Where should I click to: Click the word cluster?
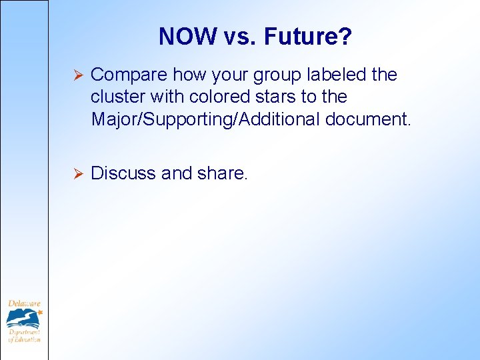pyautogui.click(x=118, y=97)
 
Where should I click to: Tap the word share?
pyautogui.click(x=223, y=173)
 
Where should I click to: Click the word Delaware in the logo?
pyautogui.click(x=23, y=304)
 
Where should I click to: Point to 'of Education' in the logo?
pyautogui.click(x=25, y=339)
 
